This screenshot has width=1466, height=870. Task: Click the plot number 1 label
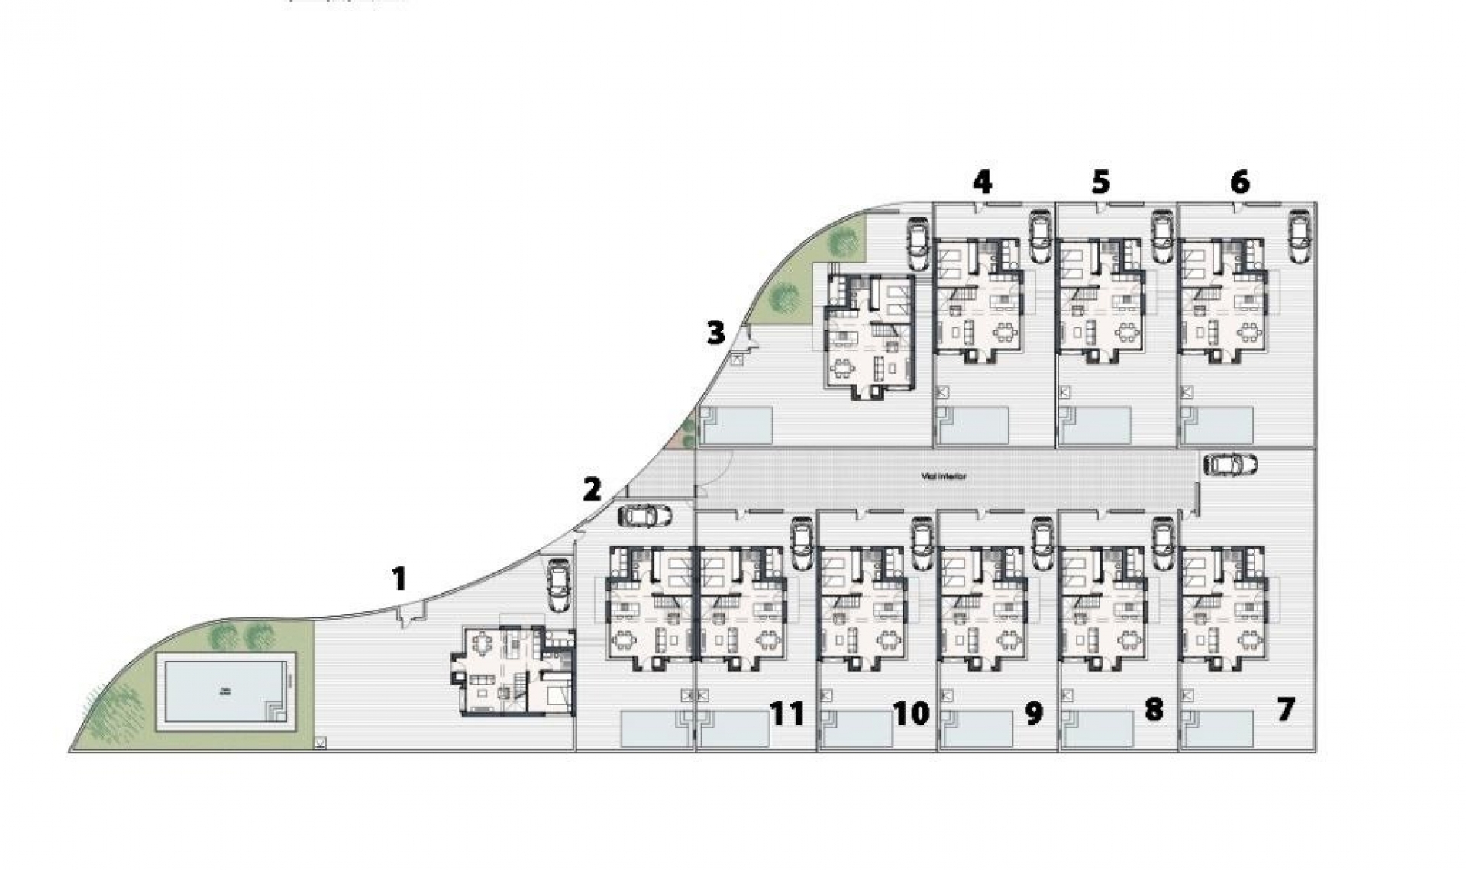(x=399, y=578)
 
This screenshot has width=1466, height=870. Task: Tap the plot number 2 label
(x=591, y=489)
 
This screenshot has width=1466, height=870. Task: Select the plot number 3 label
(x=715, y=333)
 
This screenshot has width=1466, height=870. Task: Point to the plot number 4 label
(x=982, y=182)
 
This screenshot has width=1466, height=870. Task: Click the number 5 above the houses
(x=1100, y=182)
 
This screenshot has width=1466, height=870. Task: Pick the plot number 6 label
(x=1240, y=182)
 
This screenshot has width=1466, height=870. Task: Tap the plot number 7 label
(x=1286, y=710)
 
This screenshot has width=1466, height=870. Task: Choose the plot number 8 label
(x=1153, y=710)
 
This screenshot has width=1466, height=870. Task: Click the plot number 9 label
(x=1033, y=714)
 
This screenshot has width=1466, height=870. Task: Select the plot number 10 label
(x=911, y=714)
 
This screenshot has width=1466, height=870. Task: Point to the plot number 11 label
(x=787, y=714)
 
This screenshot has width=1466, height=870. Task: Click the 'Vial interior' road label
(x=944, y=476)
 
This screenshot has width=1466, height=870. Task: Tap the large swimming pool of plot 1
(x=226, y=691)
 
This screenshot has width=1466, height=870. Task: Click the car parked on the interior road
(x=1229, y=464)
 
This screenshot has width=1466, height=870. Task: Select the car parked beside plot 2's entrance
(x=645, y=516)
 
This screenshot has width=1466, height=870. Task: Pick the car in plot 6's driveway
(x=1297, y=236)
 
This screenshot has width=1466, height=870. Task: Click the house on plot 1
(x=513, y=669)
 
